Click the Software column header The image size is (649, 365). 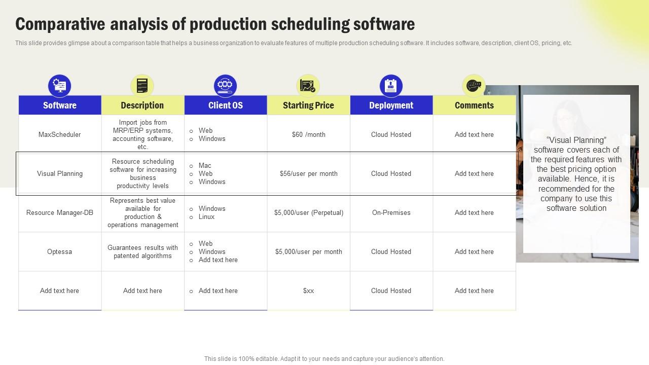(60, 105)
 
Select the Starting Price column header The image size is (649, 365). (308, 105)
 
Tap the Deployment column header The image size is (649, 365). (391, 105)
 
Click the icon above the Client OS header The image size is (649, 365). (225, 86)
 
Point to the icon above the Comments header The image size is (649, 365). (474, 86)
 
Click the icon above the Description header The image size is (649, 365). (142, 86)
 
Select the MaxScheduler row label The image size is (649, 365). (60, 134)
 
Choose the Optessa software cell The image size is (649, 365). (60, 251)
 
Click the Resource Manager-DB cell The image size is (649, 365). (60, 212)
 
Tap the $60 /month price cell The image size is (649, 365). (308, 134)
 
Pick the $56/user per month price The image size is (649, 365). (308, 173)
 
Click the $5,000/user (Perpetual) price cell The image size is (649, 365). (308, 212)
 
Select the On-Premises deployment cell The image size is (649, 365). (391, 212)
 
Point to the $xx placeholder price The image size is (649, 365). (308, 290)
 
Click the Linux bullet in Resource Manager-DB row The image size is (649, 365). (206, 217)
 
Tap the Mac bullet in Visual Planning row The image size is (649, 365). (205, 165)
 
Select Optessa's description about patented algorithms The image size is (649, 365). (142, 252)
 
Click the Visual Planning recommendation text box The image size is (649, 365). (576, 174)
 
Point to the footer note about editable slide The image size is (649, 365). (324, 358)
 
